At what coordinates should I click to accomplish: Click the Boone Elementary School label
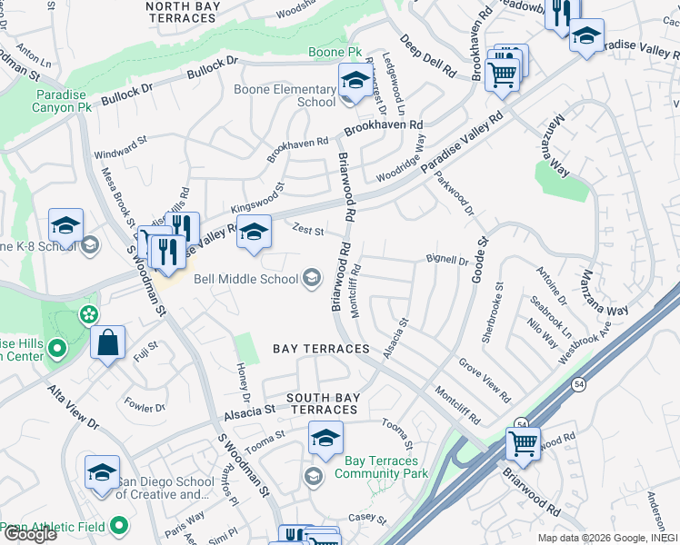[x=285, y=95]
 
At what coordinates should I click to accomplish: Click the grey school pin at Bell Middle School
[x=312, y=278]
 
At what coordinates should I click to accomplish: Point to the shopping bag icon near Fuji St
[x=107, y=343]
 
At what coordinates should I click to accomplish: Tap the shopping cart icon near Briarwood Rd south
[x=523, y=443]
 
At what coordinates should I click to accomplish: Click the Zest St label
[x=307, y=231]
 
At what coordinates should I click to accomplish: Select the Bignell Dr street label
[x=446, y=261]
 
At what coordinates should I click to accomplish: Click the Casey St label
[x=369, y=520]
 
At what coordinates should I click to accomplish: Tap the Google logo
[x=30, y=534]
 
